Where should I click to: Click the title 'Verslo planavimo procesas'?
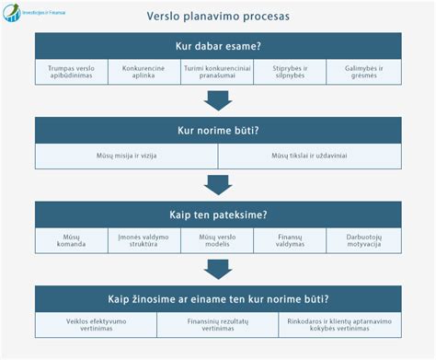coord(217,17)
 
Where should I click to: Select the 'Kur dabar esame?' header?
coord(218,47)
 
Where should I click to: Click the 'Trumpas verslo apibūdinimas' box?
coord(72,73)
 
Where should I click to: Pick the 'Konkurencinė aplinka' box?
coord(144,73)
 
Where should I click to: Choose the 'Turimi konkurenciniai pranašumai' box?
coord(218,73)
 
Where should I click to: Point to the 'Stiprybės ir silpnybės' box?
coord(291,73)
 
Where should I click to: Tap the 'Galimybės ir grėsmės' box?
coord(364,73)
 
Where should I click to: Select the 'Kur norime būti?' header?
coord(218,130)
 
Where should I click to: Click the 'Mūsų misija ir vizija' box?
coord(127,157)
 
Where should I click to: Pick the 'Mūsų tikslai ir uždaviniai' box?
coord(309,157)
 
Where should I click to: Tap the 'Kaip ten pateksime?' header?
coord(218,215)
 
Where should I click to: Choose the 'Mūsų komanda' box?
coord(72,240)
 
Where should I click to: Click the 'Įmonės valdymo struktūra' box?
coord(144,240)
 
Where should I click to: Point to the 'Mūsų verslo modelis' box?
coord(218,240)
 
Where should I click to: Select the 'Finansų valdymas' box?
coord(291,240)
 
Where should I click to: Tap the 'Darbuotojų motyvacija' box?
coord(364,240)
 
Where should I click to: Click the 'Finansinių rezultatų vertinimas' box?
coord(218,324)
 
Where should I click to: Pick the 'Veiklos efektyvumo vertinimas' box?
coord(97,324)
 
